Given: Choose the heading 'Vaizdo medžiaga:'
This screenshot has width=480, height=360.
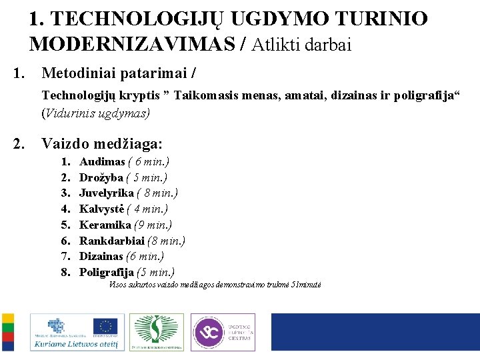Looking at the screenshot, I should [x=102, y=143].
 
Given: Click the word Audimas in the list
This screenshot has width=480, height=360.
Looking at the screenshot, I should [x=102, y=162].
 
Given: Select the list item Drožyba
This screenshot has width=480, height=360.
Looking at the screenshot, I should [x=101, y=177].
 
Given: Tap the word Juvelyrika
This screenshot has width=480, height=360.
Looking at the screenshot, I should [x=107, y=193].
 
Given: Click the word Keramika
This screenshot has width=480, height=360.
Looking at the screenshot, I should [x=105, y=225].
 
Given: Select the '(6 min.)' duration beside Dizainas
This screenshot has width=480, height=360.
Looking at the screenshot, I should [x=145, y=256].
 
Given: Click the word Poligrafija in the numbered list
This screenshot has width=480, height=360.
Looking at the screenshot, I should [x=107, y=272].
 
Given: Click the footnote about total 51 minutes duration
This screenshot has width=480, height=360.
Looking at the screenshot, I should [x=215, y=285].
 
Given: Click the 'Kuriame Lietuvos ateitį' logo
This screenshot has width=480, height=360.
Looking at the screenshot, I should [x=75, y=333].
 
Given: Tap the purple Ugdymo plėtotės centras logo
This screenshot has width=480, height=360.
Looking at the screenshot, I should [x=223, y=332].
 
